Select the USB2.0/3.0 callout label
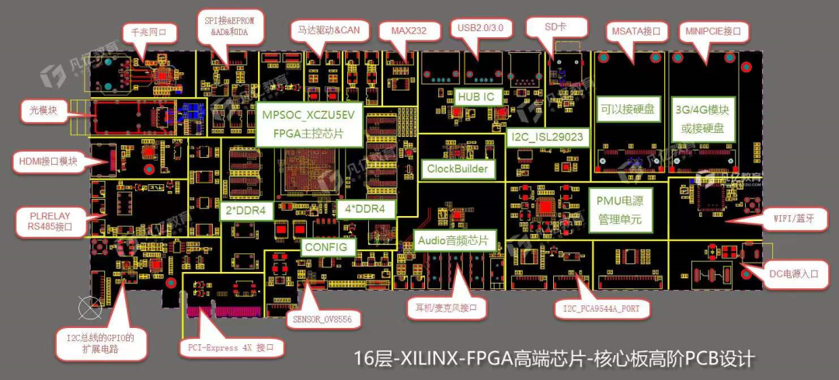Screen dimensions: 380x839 click(481, 28)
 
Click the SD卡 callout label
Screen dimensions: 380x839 click(555, 26)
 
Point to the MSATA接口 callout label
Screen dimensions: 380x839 click(636, 32)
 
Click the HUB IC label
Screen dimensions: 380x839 click(475, 97)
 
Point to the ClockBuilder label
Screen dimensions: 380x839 click(458, 168)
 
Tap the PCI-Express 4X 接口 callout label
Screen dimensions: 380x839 click(232, 347)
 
